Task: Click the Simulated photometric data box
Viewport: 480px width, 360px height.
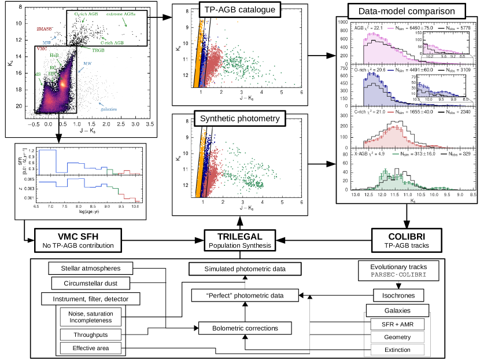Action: coord(246,269)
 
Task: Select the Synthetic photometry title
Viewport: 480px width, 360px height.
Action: coord(239,119)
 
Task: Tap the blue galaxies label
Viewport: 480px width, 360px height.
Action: coord(108,109)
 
